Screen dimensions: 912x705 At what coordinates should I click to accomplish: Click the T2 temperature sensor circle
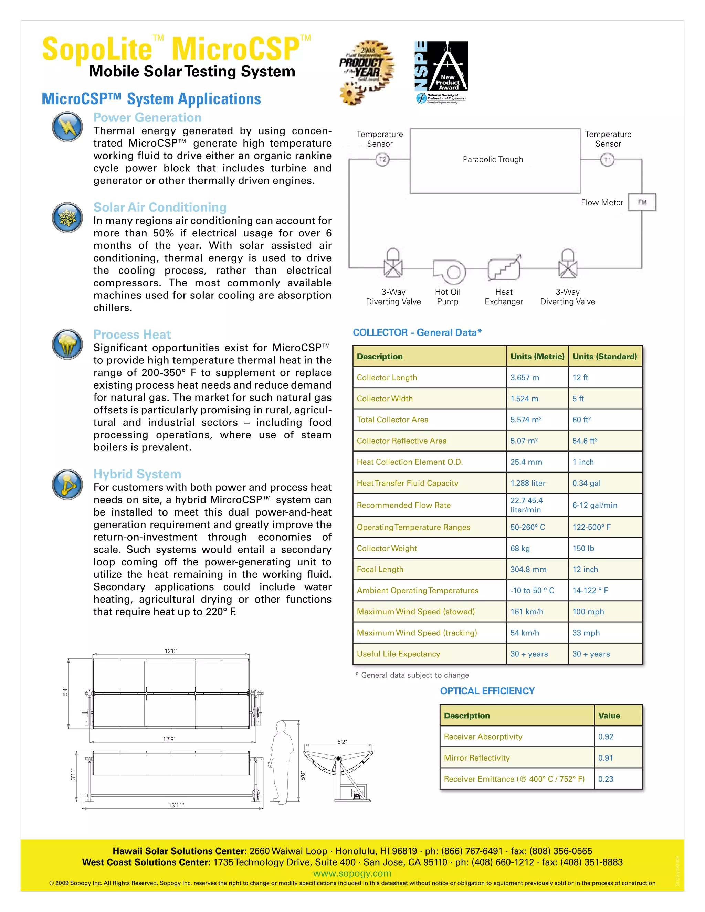click(x=382, y=160)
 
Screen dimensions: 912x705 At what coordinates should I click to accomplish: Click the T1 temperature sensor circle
click(x=607, y=160)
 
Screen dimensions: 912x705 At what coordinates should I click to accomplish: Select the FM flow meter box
click(x=642, y=202)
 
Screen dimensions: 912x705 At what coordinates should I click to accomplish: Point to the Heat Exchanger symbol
click(x=504, y=268)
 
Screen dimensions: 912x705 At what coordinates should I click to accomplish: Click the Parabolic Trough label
click(x=493, y=160)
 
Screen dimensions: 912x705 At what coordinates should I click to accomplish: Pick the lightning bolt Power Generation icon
click(x=67, y=127)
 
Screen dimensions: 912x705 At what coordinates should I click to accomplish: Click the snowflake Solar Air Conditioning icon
click(x=67, y=218)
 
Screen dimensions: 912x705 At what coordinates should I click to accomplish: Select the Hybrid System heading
click(x=137, y=474)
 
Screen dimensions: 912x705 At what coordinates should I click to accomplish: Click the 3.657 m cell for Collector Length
click(x=525, y=378)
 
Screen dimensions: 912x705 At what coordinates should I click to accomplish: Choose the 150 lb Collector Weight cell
click(x=583, y=548)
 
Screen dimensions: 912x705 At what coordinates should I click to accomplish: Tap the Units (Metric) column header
click(x=537, y=356)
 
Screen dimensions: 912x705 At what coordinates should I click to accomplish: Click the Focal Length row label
click(x=380, y=569)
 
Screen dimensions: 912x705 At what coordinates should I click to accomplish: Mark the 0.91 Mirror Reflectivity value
click(x=605, y=757)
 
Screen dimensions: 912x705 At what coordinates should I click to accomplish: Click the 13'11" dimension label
click(x=176, y=805)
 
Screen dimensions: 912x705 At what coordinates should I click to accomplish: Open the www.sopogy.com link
click(x=352, y=873)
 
